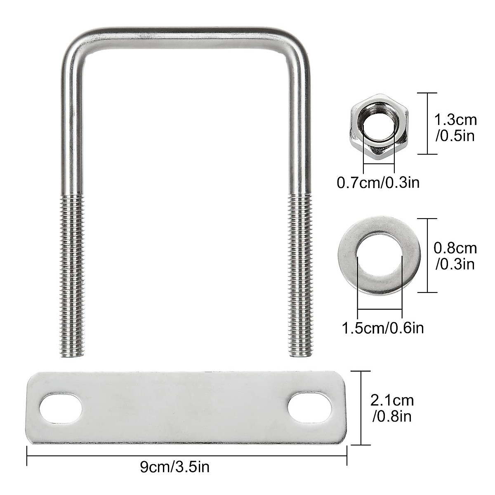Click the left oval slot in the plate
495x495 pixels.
coord(60,408)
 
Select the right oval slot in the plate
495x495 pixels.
coord(310,408)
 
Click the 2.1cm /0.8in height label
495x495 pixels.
coord(392,408)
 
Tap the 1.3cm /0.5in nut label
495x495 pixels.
coord(455,127)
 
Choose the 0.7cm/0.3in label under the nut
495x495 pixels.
coord(378,181)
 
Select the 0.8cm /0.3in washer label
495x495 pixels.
coord(455,256)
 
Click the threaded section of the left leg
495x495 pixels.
coord(74,272)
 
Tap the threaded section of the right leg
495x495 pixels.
coord(298,272)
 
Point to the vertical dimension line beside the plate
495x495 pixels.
coord(362,408)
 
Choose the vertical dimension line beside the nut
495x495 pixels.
coord(426,123)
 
